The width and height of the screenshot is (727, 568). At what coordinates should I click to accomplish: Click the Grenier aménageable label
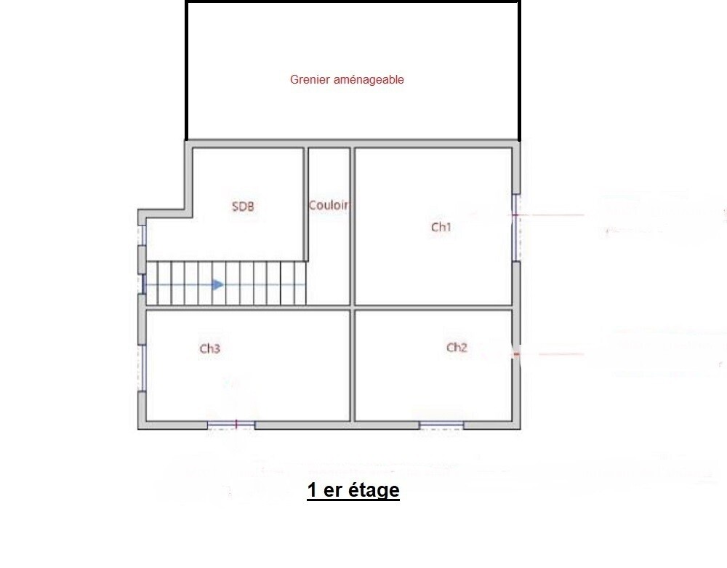pyautogui.click(x=347, y=80)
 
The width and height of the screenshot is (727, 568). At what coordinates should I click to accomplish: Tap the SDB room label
pyautogui.click(x=243, y=207)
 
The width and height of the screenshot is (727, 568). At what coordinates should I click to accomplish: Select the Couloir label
pyautogui.click(x=329, y=205)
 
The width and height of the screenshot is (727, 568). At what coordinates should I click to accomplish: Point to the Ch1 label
pyautogui.click(x=441, y=227)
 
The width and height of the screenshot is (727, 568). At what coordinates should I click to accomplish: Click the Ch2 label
pyautogui.click(x=457, y=348)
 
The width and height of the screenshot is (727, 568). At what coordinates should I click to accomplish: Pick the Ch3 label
pyautogui.click(x=209, y=348)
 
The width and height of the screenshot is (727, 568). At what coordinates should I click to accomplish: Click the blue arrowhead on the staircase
pyautogui.click(x=218, y=284)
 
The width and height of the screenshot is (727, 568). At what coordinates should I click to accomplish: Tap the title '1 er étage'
pyautogui.click(x=353, y=489)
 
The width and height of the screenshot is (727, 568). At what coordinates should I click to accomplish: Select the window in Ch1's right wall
pyautogui.click(x=515, y=227)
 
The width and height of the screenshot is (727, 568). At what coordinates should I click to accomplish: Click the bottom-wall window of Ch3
pyautogui.click(x=231, y=425)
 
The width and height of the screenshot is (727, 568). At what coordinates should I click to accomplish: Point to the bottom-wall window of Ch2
pyautogui.click(x=441, y=425)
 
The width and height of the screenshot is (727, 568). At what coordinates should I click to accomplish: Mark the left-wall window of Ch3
pyautogui.click(x=143, y=368)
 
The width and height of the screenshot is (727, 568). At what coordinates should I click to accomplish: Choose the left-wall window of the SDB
pyautogui.click(x=143, y=235)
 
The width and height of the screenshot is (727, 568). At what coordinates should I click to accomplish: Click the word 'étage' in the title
pyautogui.click(x=374, y=489)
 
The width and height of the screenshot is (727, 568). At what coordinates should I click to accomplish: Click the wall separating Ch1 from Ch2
pyautogui.click(x=433, y=308)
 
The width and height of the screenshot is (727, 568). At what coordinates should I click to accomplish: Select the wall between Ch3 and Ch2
pyautogui.click(x=353, y=365)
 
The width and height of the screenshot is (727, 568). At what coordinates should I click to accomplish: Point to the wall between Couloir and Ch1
pyautogui.click(x=353, y=226)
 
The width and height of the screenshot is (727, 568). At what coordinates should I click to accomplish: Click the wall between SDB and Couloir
pyautogui.click(x=306, y=204)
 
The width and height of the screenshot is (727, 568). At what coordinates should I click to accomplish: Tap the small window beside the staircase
pyautogui.click(x=143, y=284)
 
